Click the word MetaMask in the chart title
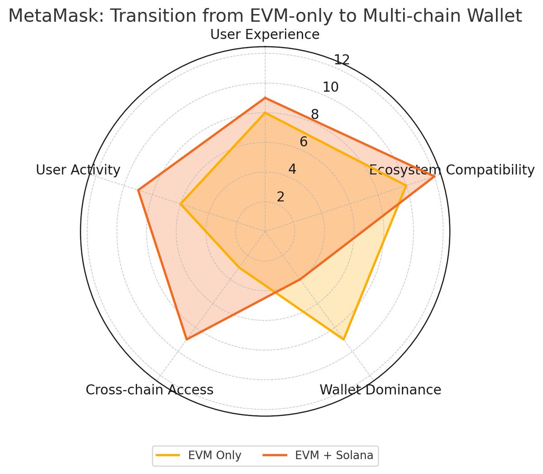56,16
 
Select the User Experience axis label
265,35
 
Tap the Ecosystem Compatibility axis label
452,170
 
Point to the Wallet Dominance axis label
380,390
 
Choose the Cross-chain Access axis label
149,390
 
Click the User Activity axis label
78,170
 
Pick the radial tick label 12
342,59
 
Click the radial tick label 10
331,87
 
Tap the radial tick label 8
315,115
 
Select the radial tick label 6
304,142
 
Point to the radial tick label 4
292,169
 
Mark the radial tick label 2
281,197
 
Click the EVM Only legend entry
199,455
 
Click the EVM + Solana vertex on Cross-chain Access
187,339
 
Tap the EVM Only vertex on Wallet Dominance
343,339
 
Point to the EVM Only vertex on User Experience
265,113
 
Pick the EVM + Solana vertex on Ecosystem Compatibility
434,176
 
